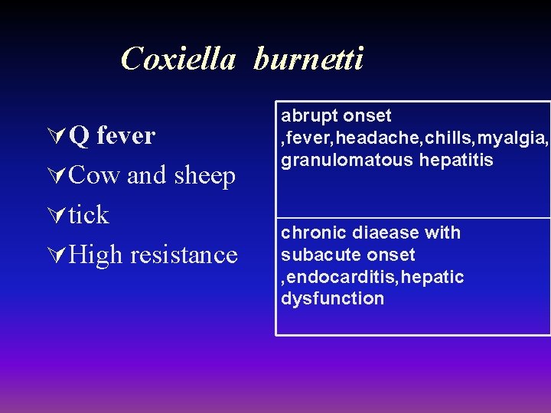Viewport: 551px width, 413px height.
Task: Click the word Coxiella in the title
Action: pos(178,58)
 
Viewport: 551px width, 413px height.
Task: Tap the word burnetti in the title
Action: pos(308,58)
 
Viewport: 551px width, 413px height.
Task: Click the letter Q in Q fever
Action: pos(79,136)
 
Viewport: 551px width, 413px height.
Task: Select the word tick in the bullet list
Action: pos(89,215)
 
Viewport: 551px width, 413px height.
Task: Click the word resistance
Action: pos(184,254)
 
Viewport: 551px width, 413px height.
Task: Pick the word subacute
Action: pos(317,255)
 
